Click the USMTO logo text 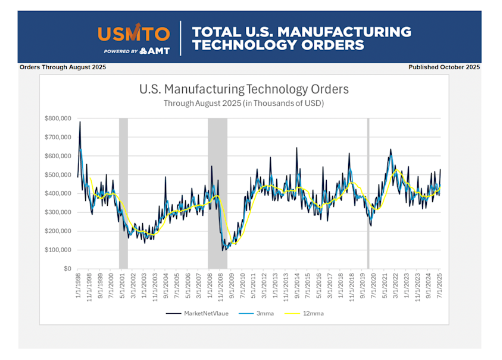(x=134, y=34)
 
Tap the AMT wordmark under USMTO (x=156, y=51)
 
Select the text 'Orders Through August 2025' (x=63, y=67)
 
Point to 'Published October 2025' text (x=444, y=67)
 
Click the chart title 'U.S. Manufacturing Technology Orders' (x=244, y=90)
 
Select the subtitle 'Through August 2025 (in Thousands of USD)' (x=244, y=104)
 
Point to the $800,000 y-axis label (x=58, y=118)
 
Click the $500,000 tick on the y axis (x=58, y=175)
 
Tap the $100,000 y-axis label (x=58, y=250)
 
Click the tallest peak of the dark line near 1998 (x=80, y=122)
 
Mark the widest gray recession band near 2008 (x=217, y=193)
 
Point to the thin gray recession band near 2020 (x=368, y=193)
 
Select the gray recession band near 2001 (x=123, y=193)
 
